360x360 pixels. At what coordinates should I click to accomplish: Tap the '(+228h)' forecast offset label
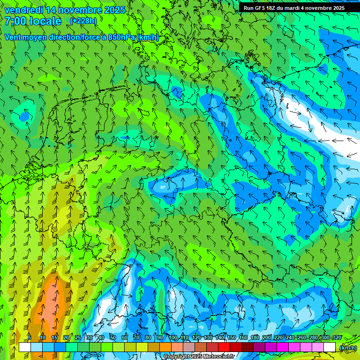(x=83, y=21)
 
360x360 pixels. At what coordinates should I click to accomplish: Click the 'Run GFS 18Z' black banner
(x=293, y=8)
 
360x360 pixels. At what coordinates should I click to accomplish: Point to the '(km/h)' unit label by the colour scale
(x=347, y=348)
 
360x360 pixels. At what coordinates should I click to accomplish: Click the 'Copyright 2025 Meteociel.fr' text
(x=199, y=357)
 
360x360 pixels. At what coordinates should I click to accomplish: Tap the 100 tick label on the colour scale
(x=173, y=338)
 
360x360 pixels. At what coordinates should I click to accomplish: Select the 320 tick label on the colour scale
(x=337, y=338)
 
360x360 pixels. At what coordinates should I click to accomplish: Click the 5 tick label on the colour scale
(x=30, y=338)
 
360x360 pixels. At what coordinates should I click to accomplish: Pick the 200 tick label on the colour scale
(x=267, y=338)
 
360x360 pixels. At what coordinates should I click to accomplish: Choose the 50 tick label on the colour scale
(x=113, y=338)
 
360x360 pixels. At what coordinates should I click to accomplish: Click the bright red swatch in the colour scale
(x=224, y=347)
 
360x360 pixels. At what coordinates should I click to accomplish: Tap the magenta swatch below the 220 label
(x=283, y=347)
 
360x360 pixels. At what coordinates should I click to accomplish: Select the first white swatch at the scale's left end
(x=25, y=347)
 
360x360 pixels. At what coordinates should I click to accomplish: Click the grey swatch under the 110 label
(x=189, y=347)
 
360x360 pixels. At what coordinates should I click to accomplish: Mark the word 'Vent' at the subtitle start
(x=13, y=37)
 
